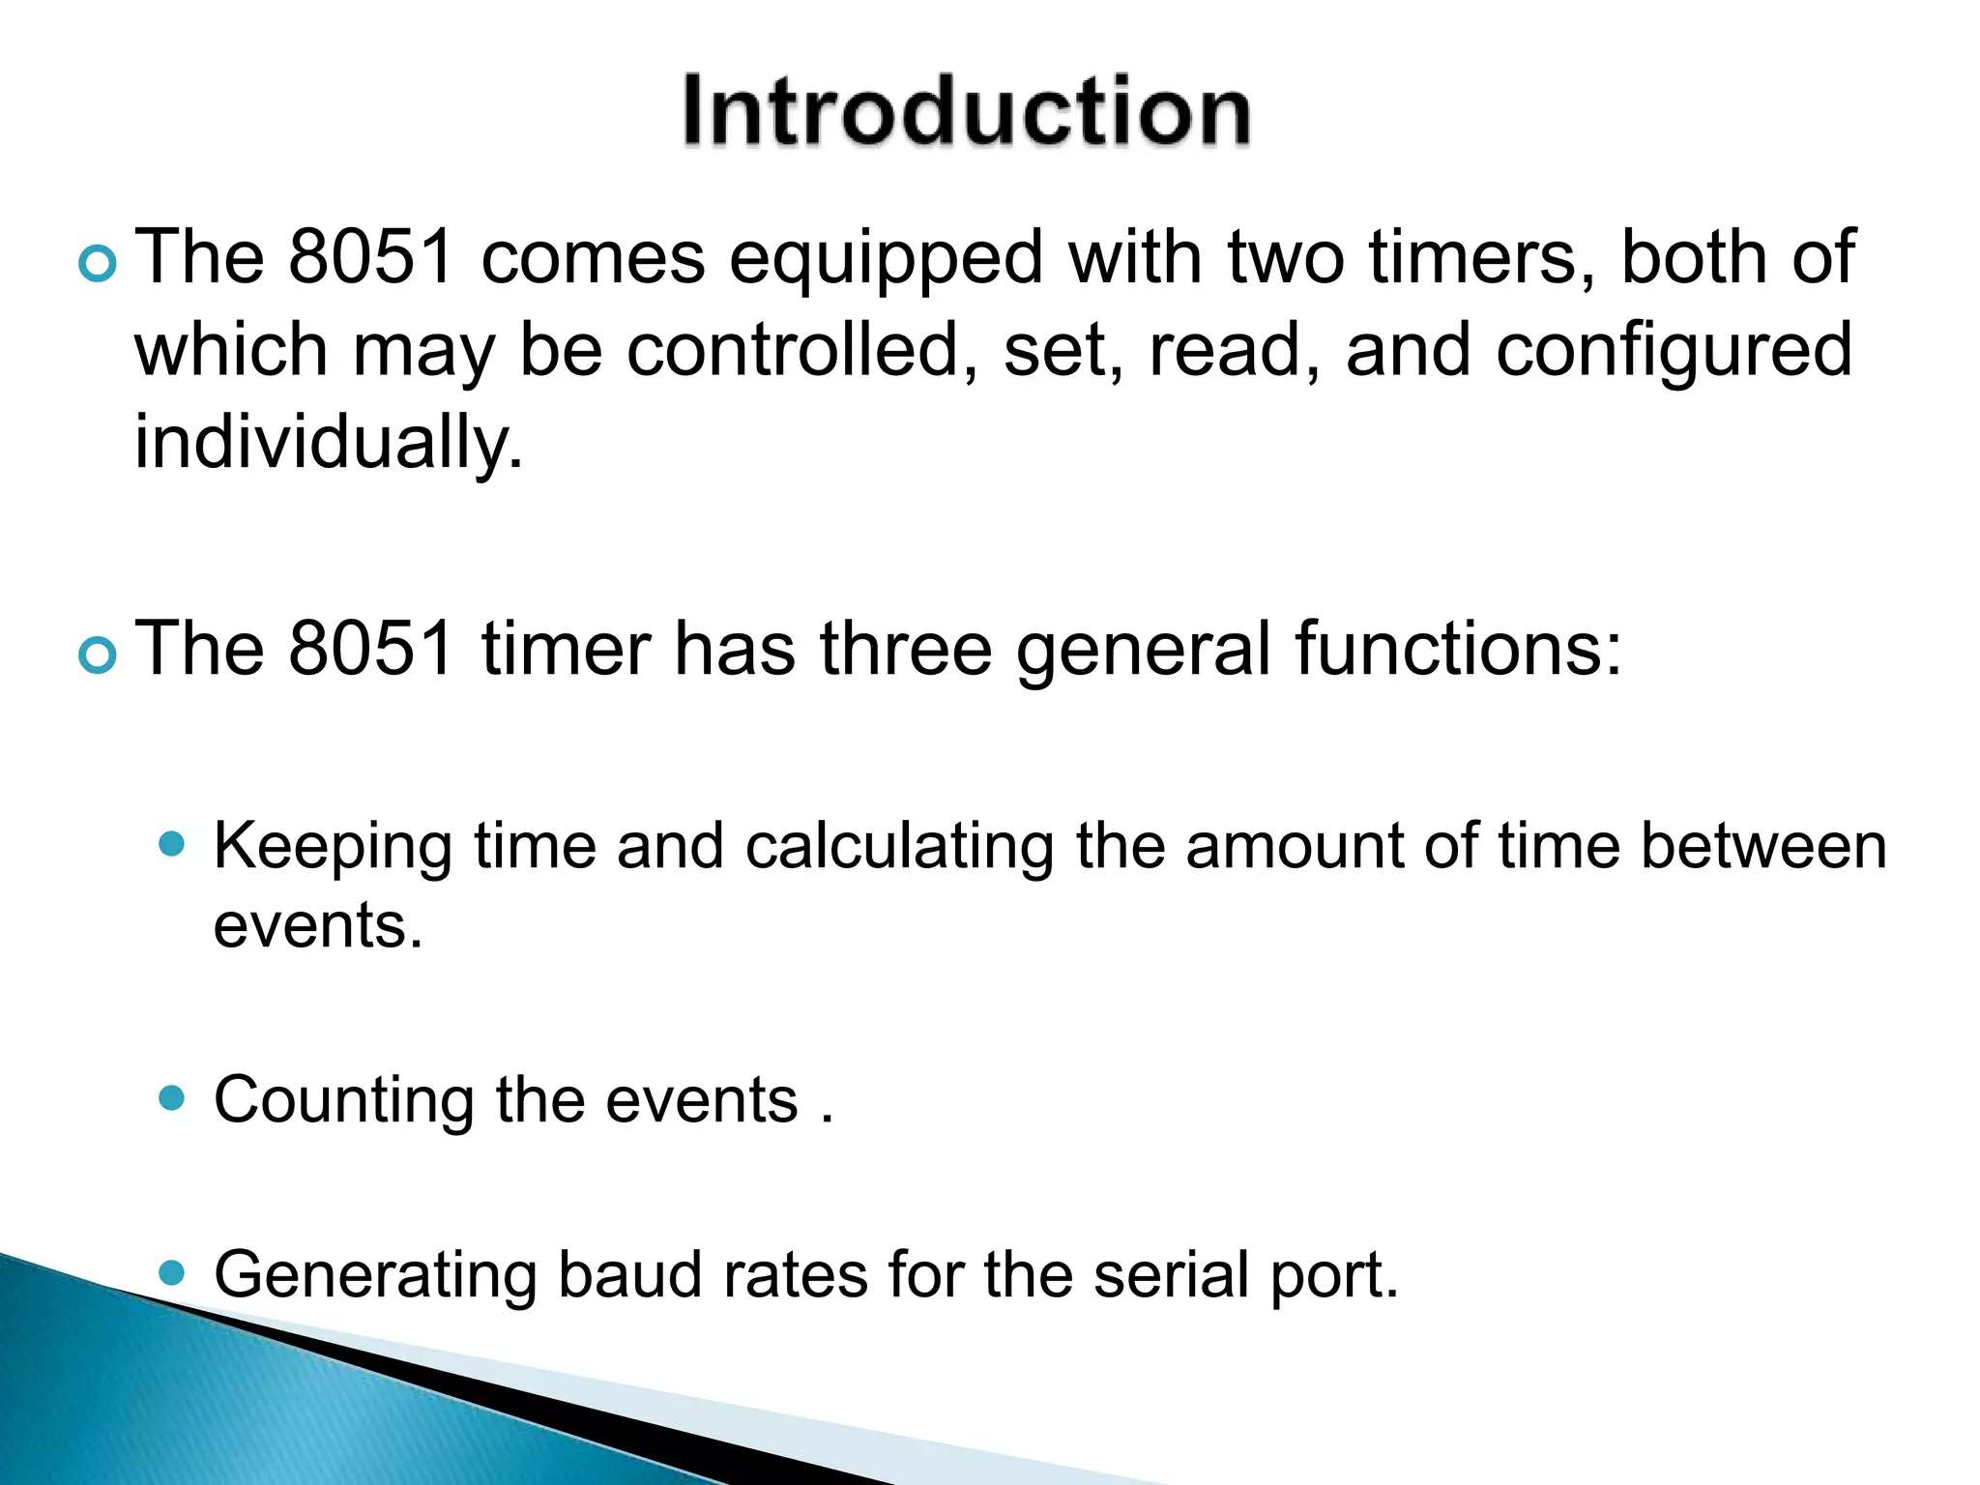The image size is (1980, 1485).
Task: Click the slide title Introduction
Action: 966,111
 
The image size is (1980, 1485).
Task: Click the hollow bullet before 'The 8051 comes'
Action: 98,263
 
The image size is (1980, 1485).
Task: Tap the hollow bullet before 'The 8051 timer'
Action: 98,655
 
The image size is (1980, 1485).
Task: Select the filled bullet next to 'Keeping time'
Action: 172,844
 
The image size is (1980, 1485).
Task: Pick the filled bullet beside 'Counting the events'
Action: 172,1098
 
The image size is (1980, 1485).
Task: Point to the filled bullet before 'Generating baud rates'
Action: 172,1272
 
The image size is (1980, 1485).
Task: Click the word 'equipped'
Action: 886,259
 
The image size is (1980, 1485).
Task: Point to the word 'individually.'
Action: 329,443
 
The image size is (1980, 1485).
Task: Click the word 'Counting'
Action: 344,1101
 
